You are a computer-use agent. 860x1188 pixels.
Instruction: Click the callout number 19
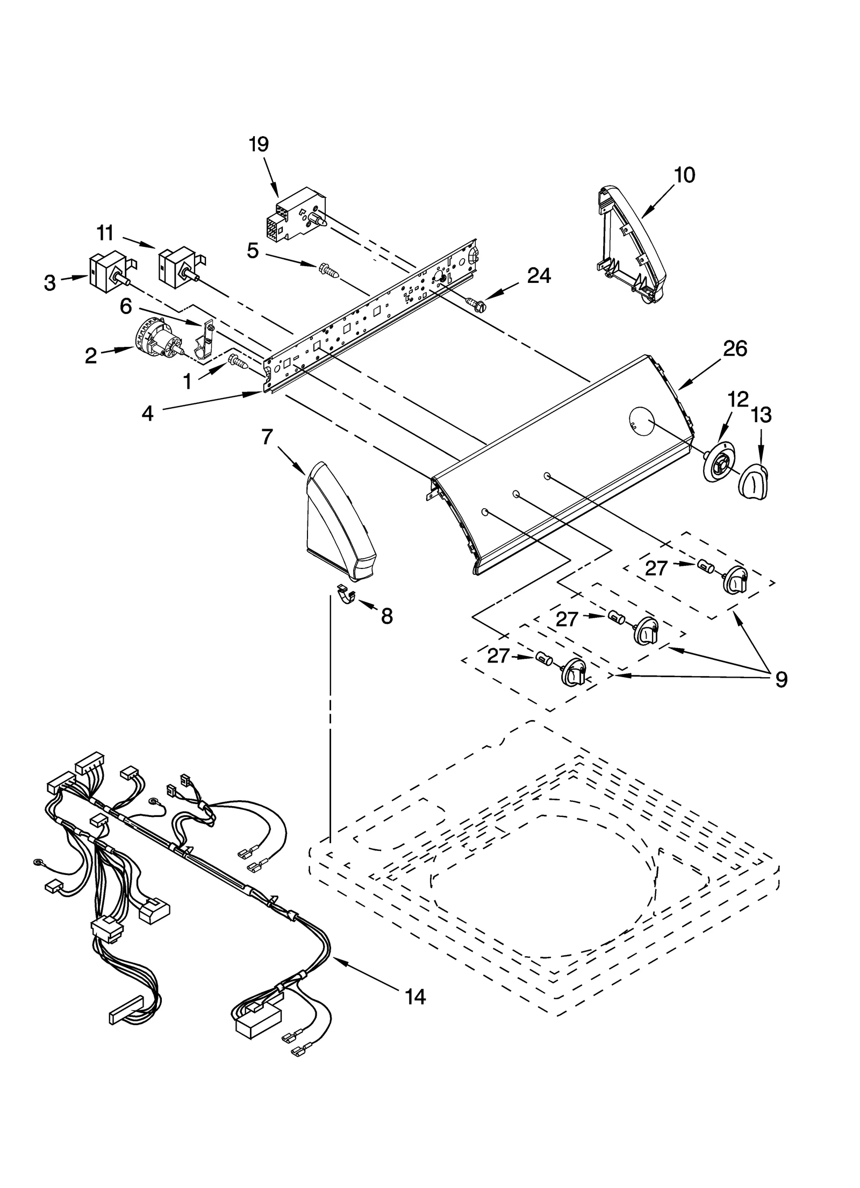259,144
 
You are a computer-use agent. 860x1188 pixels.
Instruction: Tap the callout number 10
684,175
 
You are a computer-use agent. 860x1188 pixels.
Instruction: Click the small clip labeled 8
347,595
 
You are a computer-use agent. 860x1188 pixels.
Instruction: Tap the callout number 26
734,349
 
